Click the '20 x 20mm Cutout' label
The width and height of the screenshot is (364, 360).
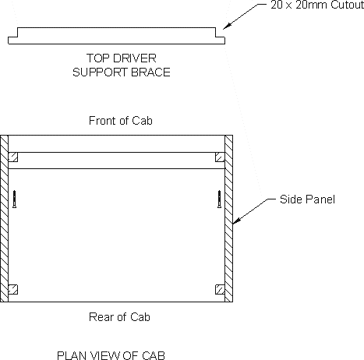(317, 5)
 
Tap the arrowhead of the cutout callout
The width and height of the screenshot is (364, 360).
(227, 26)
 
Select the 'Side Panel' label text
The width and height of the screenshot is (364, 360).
(307, 199)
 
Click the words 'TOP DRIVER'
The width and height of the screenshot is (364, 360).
(122, 58)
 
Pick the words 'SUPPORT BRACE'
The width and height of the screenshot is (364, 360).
(122, 72)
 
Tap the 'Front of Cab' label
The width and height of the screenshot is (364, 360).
(121, 121)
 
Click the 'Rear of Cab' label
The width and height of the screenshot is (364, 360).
(119, 317)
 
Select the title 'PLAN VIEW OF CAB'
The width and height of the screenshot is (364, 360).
(111, 355)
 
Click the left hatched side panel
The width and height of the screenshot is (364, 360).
(4, 218)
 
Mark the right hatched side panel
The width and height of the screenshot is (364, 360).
(228, 218)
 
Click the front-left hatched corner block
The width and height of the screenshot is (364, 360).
(13, 157)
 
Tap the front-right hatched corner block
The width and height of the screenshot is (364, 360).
(220, 157)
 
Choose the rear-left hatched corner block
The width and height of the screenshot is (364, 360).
(13, 290)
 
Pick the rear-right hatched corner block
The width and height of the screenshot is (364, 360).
(220, 290)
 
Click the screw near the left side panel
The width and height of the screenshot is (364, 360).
(15, 199)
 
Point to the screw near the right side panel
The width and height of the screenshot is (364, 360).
(220, 199)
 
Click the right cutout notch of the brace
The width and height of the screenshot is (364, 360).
(220, 32)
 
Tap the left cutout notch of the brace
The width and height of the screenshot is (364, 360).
(12, 32)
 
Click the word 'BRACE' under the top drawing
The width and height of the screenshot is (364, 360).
(150, 72)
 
